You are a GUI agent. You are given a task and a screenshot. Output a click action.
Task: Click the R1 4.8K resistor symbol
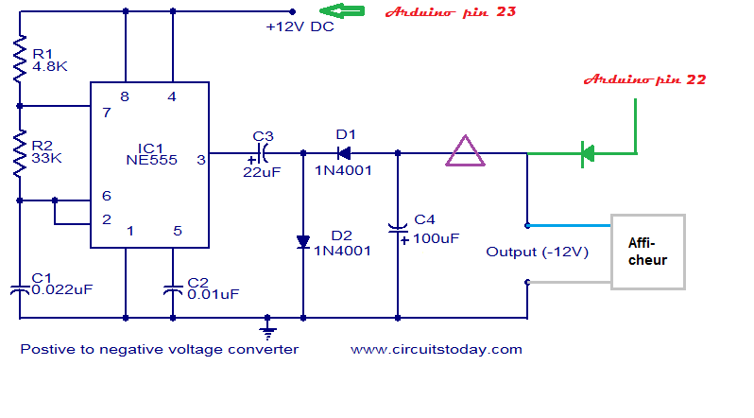tap(19, 59)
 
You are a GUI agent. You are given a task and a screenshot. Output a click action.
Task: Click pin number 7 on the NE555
tap(107, 113)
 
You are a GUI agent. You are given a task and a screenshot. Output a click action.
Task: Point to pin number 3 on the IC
tap(200, 160)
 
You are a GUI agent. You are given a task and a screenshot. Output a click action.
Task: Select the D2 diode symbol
tap(303, 243)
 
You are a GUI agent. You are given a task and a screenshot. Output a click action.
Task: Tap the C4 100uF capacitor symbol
tap(398, 229)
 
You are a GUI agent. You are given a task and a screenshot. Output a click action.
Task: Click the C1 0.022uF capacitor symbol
tap(19, 288)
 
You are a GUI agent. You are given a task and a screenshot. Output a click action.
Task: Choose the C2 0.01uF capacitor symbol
tap(173, 288)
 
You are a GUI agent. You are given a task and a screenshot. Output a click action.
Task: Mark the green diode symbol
tap(587, 152)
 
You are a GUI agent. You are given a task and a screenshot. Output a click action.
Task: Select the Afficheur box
tap(647, 252)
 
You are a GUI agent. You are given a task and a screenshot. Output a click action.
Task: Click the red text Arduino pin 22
tap(645, 80)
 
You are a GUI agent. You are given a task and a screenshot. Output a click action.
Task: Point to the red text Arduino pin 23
tap(450, 12)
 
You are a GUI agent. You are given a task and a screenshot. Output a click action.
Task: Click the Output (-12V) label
tap(537, 252)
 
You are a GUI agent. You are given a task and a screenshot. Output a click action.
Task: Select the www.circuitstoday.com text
tap(436, 349)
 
